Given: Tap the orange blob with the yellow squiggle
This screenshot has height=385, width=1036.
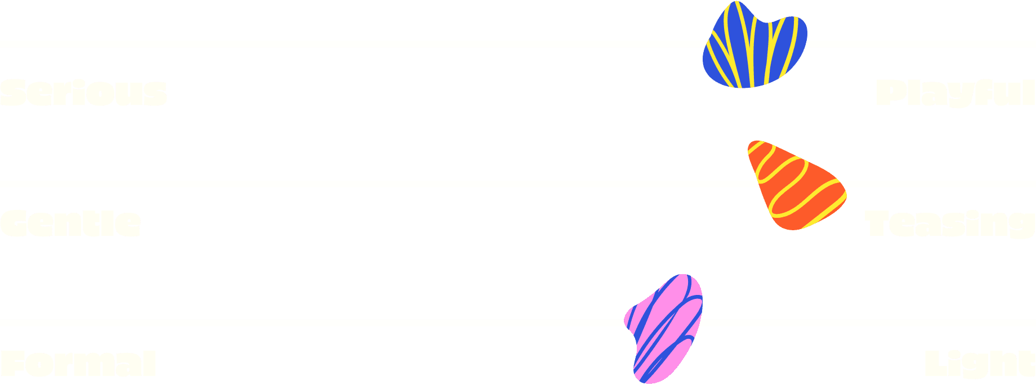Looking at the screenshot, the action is coord(794,186).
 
